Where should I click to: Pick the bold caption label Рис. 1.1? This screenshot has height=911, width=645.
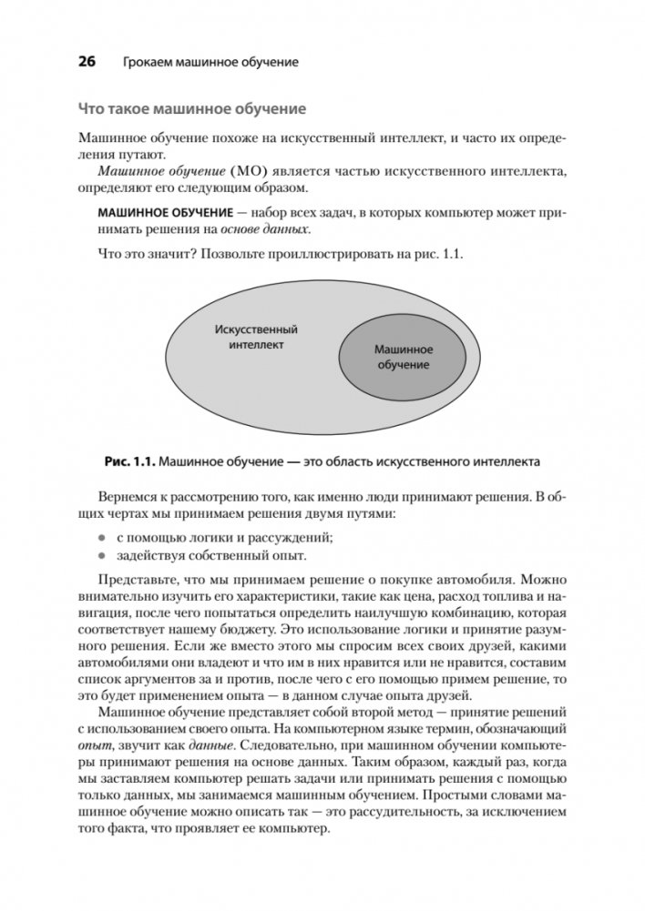click(130, 461)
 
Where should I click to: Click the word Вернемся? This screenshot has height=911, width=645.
click(134, 497)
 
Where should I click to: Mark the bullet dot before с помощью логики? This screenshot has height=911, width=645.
click(104, 537)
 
